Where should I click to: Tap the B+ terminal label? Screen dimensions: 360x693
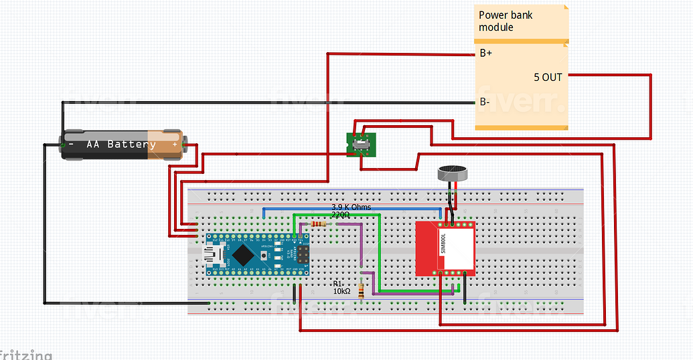(486, 54)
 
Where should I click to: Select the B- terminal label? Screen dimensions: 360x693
(485, 102)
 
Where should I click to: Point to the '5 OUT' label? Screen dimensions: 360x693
(548, 77)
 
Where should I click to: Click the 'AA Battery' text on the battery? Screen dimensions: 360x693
(121, 145)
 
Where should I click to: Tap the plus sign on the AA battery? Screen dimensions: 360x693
(175, 144)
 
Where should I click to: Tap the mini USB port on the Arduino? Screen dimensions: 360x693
(215, 255)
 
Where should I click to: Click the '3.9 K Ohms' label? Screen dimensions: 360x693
(351, 207)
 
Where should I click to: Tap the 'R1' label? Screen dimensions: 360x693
(338, 284)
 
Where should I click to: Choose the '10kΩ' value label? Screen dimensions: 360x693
(341, 292)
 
